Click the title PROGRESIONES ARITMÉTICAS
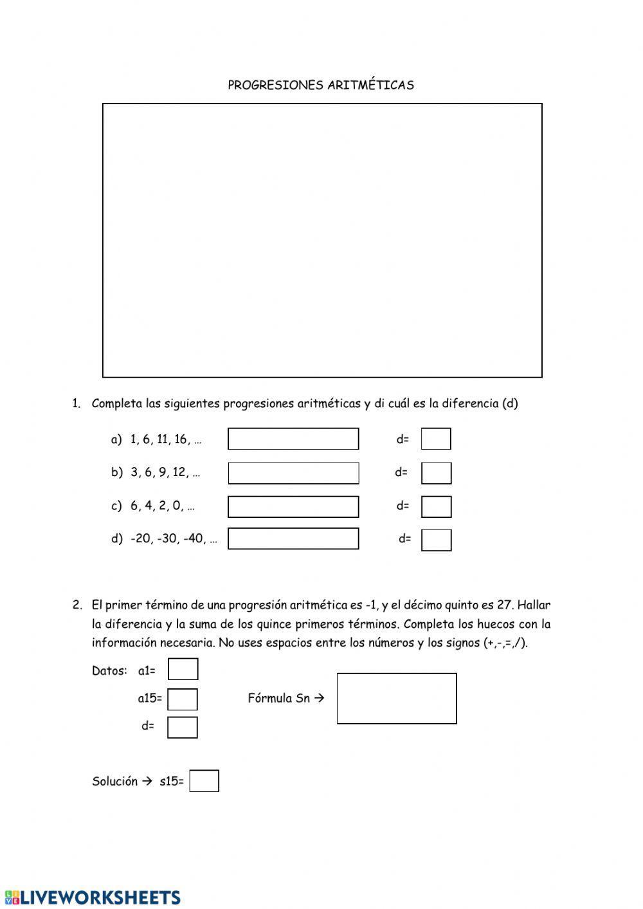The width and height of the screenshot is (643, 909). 320,85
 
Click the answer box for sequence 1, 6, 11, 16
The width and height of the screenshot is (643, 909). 293,439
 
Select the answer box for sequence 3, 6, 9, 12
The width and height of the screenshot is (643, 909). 293,473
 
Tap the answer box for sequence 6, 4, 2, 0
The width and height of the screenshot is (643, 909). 293,506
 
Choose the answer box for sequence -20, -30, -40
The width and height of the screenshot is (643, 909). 293,538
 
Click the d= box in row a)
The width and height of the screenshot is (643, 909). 436,439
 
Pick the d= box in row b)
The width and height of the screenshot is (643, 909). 436,473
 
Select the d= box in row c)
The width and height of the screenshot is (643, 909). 436,506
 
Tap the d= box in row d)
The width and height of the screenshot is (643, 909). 436,540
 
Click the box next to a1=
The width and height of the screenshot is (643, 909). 183,669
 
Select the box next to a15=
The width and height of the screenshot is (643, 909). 183,699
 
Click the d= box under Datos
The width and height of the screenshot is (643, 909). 182,727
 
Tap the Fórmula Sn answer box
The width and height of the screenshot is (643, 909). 397,698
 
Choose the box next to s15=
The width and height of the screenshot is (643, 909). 204,781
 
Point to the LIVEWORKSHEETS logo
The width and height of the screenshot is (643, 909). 93,897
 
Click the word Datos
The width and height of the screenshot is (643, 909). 109,671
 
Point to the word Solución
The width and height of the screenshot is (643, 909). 114,782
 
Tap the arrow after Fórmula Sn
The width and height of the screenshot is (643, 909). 320,698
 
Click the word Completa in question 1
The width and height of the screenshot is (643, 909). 116,403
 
